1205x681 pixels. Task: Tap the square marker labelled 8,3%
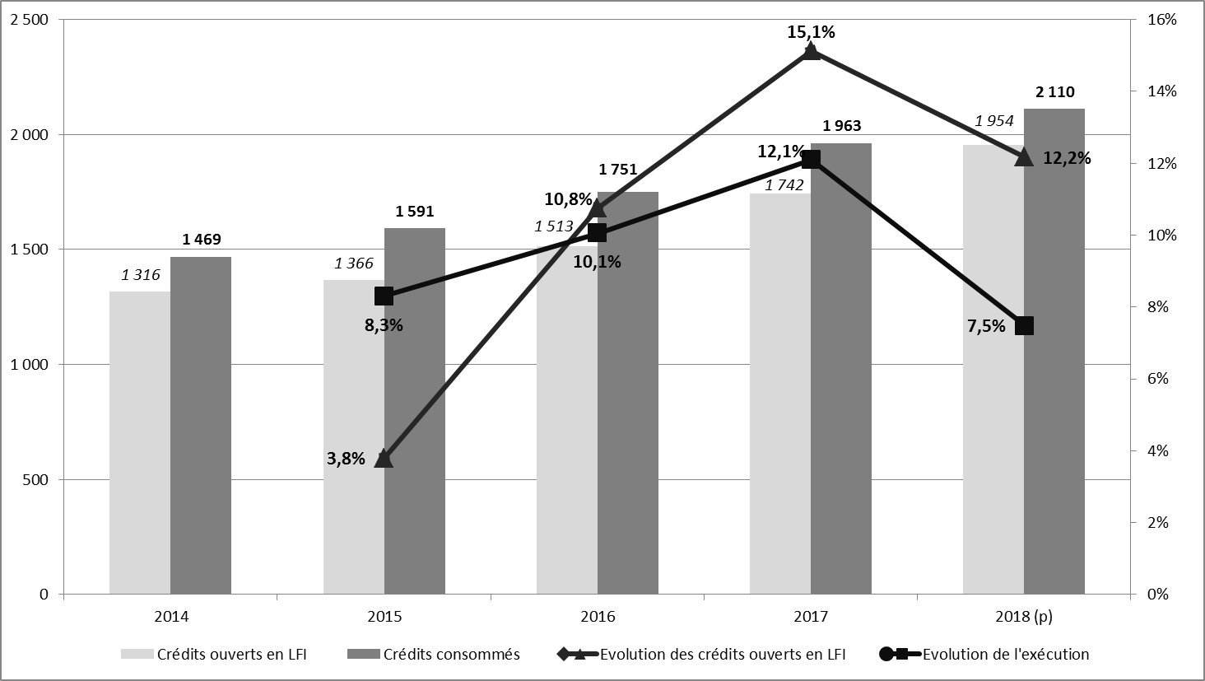(x=384, y=296)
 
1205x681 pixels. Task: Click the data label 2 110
(x=1054, y=92)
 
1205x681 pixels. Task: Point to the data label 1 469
(x=201, y=240)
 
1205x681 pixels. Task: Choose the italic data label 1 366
(x=353, y=264)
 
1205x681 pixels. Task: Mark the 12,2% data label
(x=1067, y=158)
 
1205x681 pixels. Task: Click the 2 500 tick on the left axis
(x=29, y=20)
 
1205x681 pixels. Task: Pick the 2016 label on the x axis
(x=598, y=616)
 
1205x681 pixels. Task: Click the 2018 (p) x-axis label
(x=1024, y=616)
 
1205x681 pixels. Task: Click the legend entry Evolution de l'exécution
(x=1005, y=655)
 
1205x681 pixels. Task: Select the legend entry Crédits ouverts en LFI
(x=231, y=655)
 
